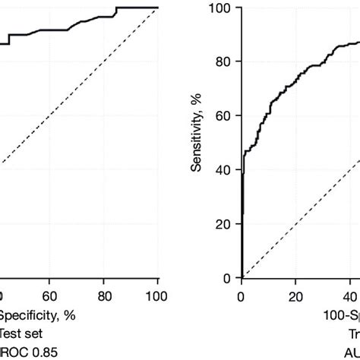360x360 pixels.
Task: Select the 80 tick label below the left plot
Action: pyautogui.click(x=104, y=295)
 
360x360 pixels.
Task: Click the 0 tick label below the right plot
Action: pyautogui.click(x=242, y=295)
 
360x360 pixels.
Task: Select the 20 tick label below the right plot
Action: pyautogui.click(x=295, y=295)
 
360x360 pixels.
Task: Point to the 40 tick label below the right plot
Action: pyautogui.click(x=349, y=295)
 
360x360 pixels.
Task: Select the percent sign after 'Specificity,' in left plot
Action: pyautogui.click(x=69, y=314)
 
